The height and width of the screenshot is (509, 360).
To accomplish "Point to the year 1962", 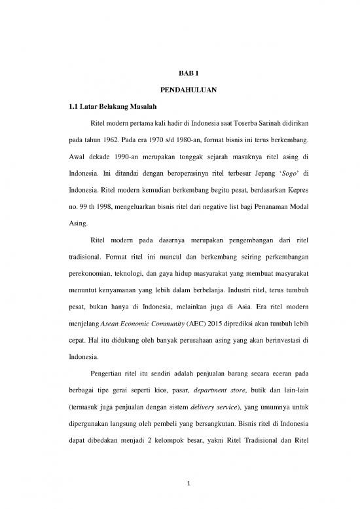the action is [109, 140].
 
